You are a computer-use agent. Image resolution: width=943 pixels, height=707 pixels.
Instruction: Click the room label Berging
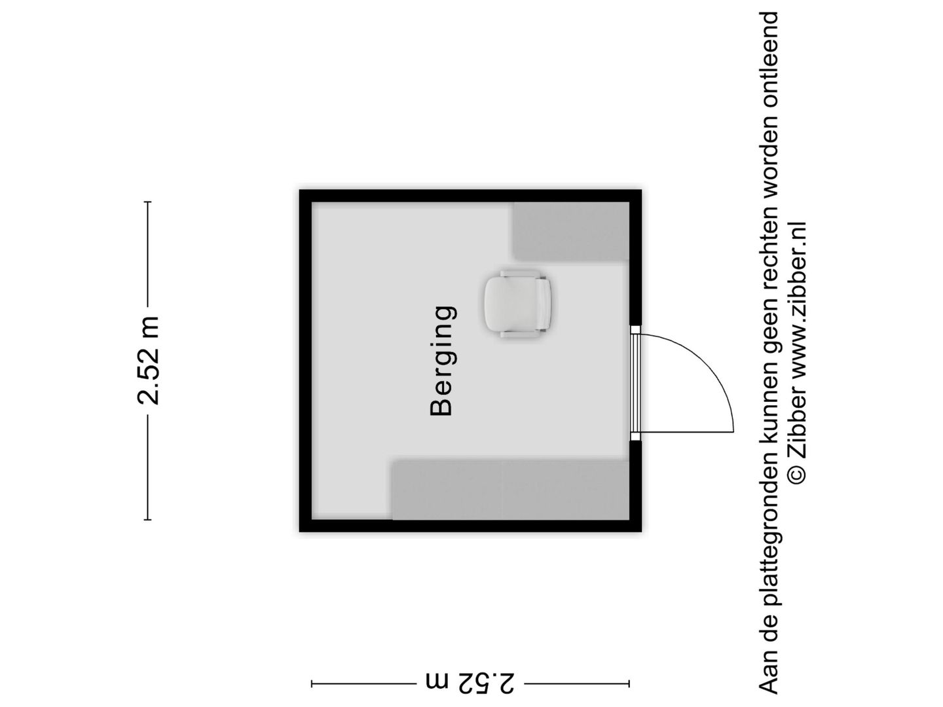[x=441, y=361]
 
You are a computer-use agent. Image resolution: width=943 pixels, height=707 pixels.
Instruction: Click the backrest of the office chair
[x=544, y=304]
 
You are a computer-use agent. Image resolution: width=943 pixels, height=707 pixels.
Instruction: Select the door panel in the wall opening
[x=635, y=383]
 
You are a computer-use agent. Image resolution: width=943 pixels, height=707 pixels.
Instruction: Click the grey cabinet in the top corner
[x=572, y=231]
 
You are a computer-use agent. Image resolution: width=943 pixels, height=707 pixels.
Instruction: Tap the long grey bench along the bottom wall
[x=510, y=490]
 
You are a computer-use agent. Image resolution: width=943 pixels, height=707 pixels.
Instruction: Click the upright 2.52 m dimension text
[x=148, y=361]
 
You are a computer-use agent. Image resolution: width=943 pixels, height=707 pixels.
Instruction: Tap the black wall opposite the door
[x=305, y=361]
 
